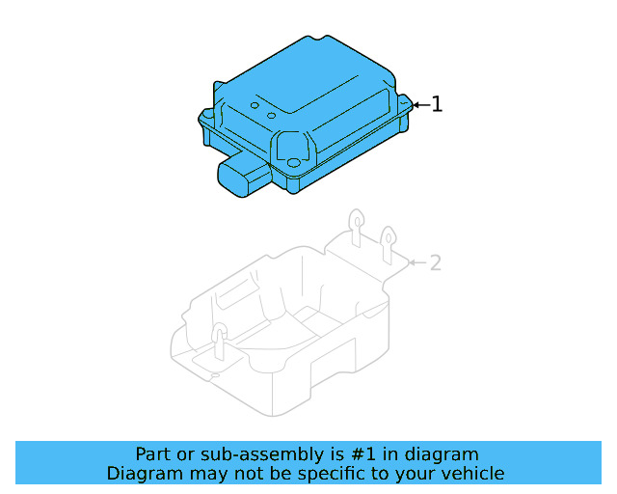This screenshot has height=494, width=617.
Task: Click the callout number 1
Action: pyautogui.click(x=437, y=103)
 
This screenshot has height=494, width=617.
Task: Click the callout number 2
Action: pyautogui.click(x=435, y=261)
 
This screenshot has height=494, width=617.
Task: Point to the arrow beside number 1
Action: pyautogui.click(x=419, y=103)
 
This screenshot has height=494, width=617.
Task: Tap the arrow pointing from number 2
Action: pyautogui.click(x=416, y=261)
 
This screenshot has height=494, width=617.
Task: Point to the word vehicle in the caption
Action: pyautogui.click(x=472, y=473)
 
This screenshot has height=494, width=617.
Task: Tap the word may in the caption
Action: pyautogui.click(x=206, y=473)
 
